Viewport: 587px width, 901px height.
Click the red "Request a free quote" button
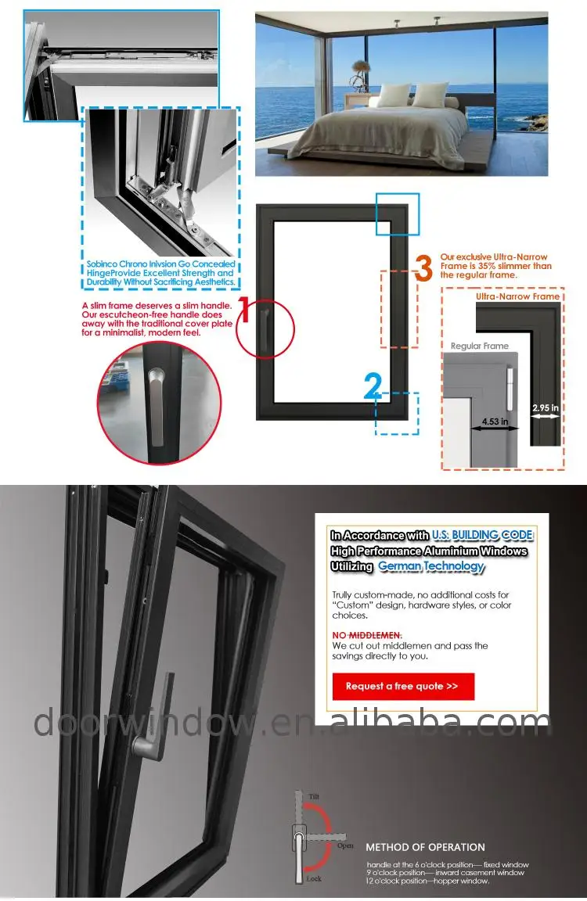coord(403,686)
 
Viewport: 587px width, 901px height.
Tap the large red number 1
coord(243,311)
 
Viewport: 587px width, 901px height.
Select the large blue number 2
coord(373,386)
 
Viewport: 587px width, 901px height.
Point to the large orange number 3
coord(423,269)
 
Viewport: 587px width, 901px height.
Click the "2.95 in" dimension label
coord(545,407)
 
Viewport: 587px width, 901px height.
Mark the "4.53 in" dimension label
coord(495,422)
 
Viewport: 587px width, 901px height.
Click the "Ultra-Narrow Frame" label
coord(517,296)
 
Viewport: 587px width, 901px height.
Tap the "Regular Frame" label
coord(480,346)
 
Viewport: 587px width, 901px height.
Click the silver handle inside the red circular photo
coord(155,407)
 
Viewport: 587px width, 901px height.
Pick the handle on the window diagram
coord(265,328)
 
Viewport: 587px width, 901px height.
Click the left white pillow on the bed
coord(393,95)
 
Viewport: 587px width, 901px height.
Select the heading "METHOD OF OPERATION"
coord(426,847)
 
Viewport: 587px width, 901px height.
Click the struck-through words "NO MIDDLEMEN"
coord(367,635)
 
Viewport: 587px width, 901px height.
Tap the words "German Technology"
coord(431,566)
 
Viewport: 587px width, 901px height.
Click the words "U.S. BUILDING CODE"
coord(482,535)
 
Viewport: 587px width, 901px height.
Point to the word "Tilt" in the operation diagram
coord(314,796)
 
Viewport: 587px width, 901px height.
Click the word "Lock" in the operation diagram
coord(314,878)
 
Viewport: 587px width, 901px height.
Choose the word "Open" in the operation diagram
coord(345,845)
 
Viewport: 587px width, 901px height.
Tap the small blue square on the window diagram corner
coord(398,214)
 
